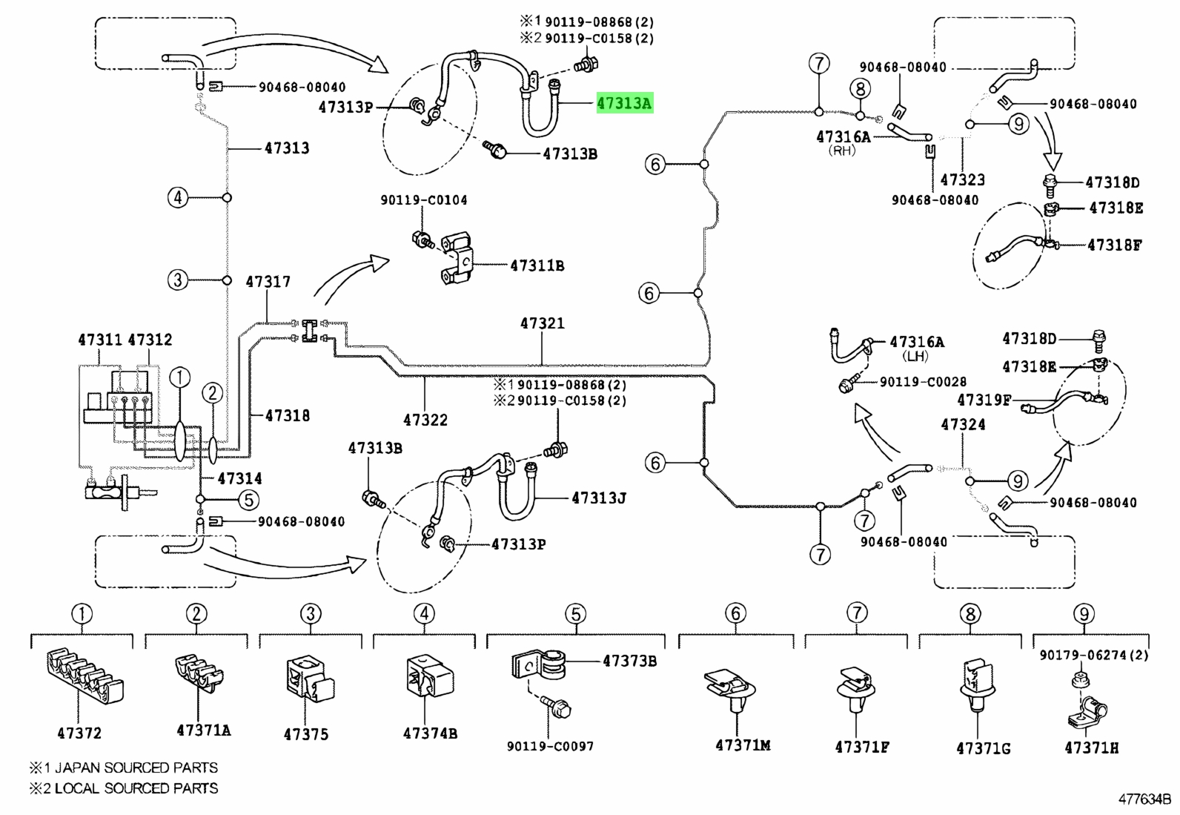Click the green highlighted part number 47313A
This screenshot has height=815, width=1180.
(x=624, y=103)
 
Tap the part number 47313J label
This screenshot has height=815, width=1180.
(x=599, y=498)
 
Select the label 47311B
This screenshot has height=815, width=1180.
(x=537, y=265)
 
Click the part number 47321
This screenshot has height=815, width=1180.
(x=543, y=323)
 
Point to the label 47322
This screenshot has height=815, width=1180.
(x=425, y=420)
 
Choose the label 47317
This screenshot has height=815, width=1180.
(x=268, y=282)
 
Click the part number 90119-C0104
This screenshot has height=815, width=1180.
(x=424, y=199)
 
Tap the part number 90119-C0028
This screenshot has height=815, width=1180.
(x=923, y=381)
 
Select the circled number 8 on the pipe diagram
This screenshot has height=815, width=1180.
(x=861, y=88)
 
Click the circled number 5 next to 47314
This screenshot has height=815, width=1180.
(x=248, y=499)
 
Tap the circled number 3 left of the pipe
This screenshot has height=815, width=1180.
(x=178, y=280)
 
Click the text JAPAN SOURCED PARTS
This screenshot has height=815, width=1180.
(x=136, y=768)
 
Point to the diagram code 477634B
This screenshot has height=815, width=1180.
(x=1144, y=799)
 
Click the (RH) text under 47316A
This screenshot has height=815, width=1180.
(x=842, y=151)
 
